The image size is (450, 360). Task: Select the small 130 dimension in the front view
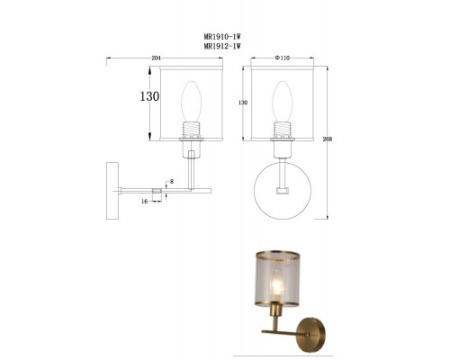click(241, 103)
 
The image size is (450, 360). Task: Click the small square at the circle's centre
click(283, 193)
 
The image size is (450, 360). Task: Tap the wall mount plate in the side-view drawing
click(112, 189)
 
